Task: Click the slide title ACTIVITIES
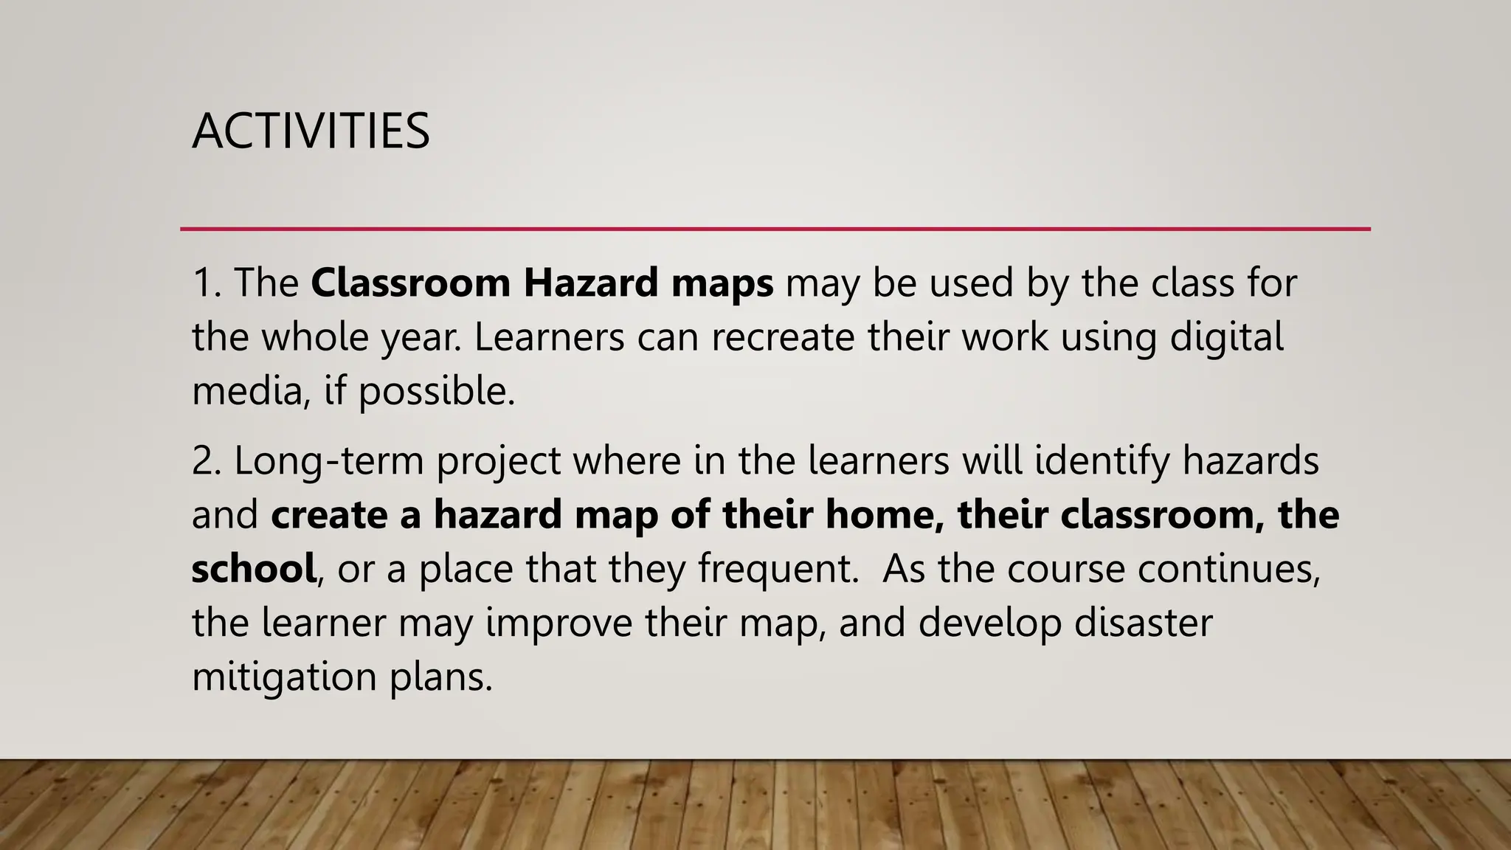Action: pos(311,131)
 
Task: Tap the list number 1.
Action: pos(206,283)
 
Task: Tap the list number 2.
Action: pos(206,461)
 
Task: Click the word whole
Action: pos(315,337)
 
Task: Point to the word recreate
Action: pos(783,337)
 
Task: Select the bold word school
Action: pos(254,569)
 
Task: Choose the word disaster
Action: pos(1143,623)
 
